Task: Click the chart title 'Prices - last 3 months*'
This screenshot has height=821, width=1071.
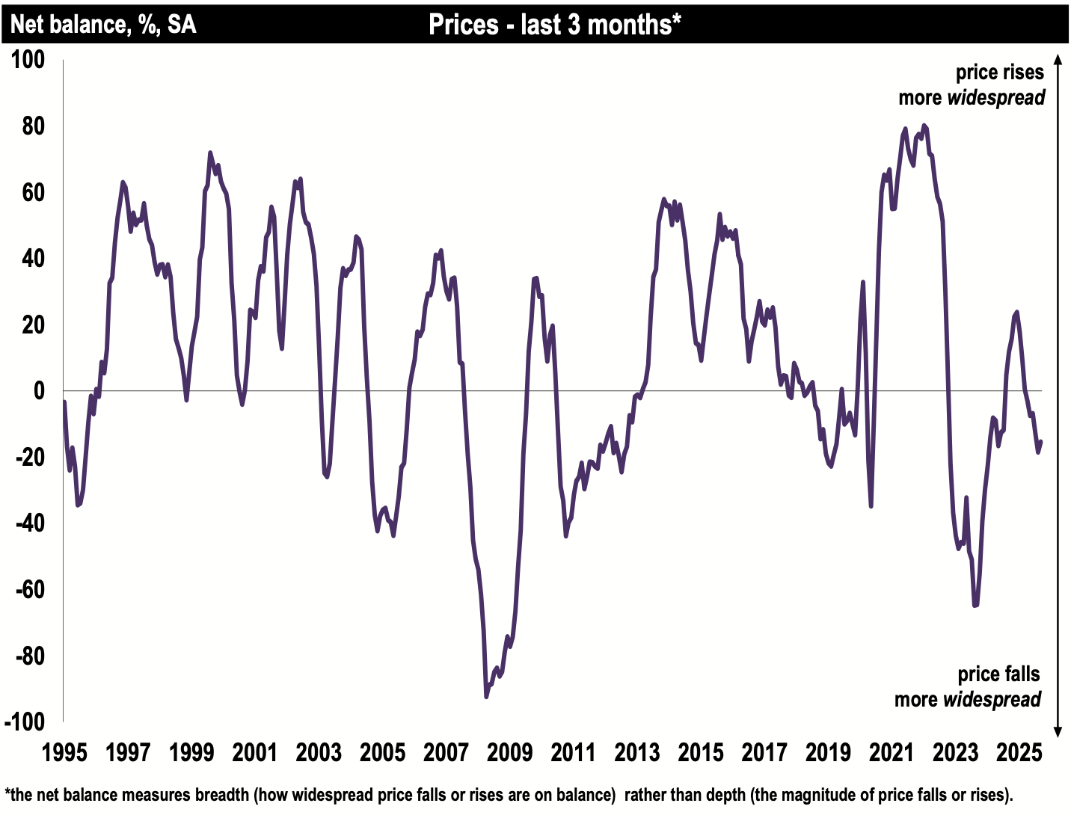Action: coord(554,25)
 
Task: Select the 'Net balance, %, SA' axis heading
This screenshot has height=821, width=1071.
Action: coord(103,25)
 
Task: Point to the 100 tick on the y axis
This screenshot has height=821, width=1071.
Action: coord(28,59)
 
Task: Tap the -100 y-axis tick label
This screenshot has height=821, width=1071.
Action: coord(25,722)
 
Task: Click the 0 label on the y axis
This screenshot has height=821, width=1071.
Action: coord(38,390)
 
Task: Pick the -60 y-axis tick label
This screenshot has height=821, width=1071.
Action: coord(30,589)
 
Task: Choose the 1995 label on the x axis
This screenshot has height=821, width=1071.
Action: coord(64,752)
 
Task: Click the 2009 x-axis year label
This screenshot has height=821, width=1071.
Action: coord(509,752)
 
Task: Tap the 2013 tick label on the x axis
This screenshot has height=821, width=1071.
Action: coord(636,752)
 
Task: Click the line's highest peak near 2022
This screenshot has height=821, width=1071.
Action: coord(924,126)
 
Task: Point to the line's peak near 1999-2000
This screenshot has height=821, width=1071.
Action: coord(210,153)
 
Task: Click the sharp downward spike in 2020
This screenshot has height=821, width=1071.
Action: coord(871,506)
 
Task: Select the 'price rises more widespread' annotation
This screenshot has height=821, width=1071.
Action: coord(972,85)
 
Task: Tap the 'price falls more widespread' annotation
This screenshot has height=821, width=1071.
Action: coord(968,686)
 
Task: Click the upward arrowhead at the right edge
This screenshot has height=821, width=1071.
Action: coord(1058,60)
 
